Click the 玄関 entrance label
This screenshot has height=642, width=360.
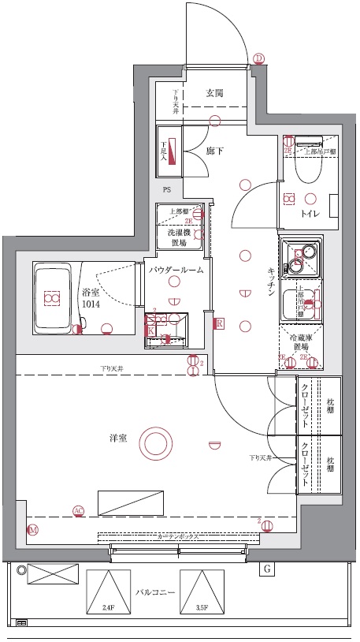215,93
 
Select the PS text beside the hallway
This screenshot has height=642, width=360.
167,191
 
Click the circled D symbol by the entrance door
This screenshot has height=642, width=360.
259,58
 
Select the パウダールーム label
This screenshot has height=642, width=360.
177,270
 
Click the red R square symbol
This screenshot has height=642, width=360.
220,323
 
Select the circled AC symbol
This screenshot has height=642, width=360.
78,510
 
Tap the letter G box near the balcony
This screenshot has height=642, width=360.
267,568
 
